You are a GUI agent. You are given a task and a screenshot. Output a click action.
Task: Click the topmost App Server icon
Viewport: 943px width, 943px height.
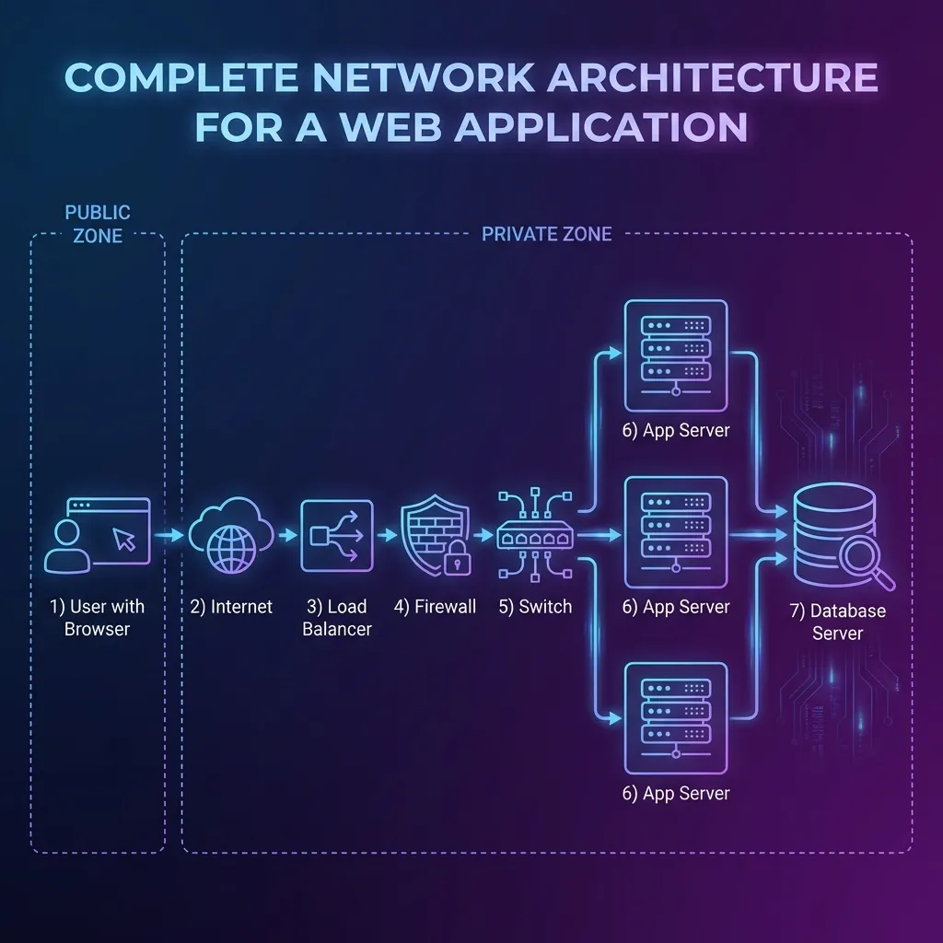click(x=676, y=355)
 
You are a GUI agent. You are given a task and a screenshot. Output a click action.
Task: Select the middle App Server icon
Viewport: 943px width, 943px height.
click(x=676, y=533)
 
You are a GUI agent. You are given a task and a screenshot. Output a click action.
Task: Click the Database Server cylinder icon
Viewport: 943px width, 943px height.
click(x=834, y=534)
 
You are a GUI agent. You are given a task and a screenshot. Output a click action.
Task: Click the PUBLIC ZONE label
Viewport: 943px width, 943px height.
click(x=98, y=225)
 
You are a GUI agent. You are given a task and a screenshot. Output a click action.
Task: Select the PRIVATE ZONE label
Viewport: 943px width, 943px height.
click(x=547, y=234)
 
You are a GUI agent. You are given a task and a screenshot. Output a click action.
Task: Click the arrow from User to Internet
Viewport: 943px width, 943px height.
click(x=169, y=535)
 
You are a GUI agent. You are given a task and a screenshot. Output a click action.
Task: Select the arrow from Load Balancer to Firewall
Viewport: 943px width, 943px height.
click(x=387, y=535)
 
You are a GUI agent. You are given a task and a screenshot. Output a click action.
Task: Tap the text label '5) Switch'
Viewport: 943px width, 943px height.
click(x=535, y=607)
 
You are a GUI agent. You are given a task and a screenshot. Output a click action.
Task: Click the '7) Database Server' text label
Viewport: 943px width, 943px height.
click(x=836, y=622)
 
